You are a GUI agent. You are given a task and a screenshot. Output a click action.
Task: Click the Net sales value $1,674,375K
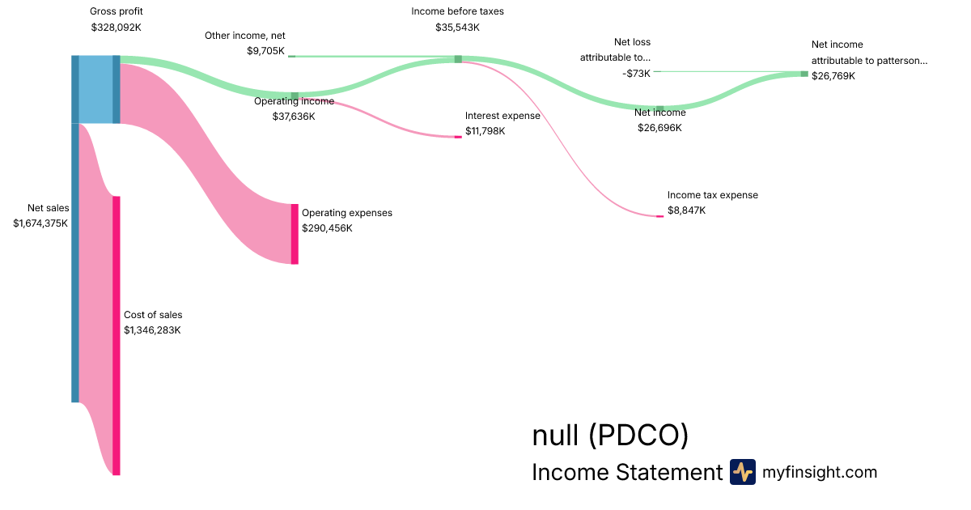[x=40, y=223]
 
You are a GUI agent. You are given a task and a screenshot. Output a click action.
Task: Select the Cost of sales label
[x=153, y=315]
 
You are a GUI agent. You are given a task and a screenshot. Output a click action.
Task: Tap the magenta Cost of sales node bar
[x=117, y=335]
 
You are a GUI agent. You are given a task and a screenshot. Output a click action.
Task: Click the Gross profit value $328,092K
[x=117, y=27]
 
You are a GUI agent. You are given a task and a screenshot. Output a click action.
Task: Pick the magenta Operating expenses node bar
[x=295, y=234]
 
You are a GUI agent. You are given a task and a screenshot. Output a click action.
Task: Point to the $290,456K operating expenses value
[x=329, y=228]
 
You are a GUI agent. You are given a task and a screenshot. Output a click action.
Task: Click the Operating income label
[x=294, y=101]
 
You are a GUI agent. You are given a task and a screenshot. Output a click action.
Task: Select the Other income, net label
[x=244, y=36]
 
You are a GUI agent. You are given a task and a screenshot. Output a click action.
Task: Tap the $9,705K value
[x=266, y=50]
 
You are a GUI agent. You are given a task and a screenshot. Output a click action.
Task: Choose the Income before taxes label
[x=457, y=11]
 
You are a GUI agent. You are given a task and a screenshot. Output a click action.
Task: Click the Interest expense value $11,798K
[x=485, y=130]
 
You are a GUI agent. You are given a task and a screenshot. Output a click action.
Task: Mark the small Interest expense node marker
[x=458, y=137]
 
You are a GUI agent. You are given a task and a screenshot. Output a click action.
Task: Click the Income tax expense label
[x=712, y=195]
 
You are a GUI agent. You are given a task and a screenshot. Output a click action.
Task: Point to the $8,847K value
[x=686, y=210]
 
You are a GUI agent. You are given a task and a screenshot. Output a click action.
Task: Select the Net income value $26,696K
[x=659, y=128]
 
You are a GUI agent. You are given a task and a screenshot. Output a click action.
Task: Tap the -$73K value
[x=636, y=73]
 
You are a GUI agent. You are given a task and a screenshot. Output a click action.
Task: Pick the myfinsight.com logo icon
[x=742, y=472]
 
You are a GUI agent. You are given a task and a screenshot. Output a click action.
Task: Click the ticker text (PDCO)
[x=638, y=436]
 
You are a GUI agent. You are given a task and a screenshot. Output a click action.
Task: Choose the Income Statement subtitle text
[x=626, y=472]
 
